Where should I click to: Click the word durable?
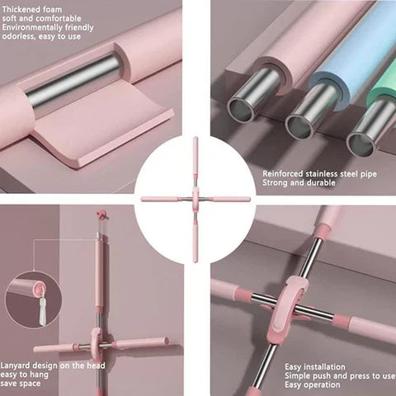point(321,183)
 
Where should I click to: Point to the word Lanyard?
point(16,366)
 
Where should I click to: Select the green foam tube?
point(384,85)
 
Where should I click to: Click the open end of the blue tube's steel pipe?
point(299,127)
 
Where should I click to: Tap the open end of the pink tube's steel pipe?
point(241,110)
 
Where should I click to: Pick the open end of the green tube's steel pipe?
point(361,144)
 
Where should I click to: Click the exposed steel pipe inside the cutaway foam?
point(73,80)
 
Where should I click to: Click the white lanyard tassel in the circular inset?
point(43,312)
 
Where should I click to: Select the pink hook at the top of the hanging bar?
point(102,214)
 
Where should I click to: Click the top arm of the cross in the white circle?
point(196,158)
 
